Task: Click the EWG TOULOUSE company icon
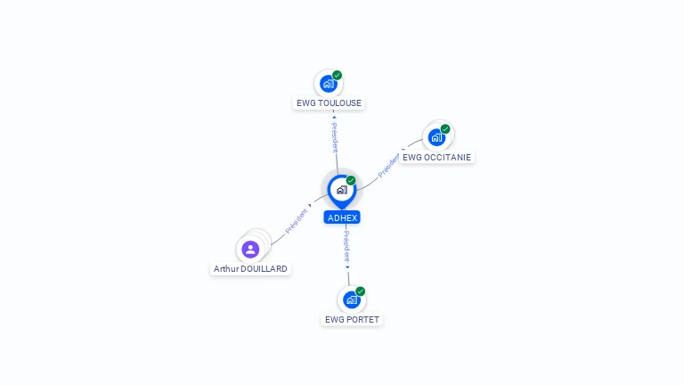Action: pyautogui.click(x=329, y=84)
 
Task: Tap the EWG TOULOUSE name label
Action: pyautogui.click(x=329, y=103)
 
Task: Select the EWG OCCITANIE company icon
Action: pyautogui.click(x=436, y=137)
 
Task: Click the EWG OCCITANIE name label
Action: pyautogui.click(x=436, y=158)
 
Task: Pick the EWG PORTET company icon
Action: pyautogui.click(x=351, y=299)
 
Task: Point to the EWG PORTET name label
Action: pyautogui.click(x=352, y=319)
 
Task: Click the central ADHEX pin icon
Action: pyautogui.click(x=341, y=190)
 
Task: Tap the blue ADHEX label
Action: pyautogui.click(x=342, y=217)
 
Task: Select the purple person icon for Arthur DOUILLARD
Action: pyautogui.click(x=250, y=250)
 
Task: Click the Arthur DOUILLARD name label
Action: pyautogui.click(x=251, y=268)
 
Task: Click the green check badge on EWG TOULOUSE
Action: pyautogui.click(x=338, y=75)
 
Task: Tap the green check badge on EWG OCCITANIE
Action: pyautogui.click(x=445, y=128)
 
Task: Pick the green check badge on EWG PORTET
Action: pyautogui.click(x=361, y=291)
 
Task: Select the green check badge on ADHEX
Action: pyautogui.click(x=351, y=180)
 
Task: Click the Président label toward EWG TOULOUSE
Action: pyautogui.click(x=335, y=136)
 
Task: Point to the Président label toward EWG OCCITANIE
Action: pyautogui.click(x=389, y=166)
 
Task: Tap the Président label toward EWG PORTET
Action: pyautogui.click(x=346, y=246)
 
